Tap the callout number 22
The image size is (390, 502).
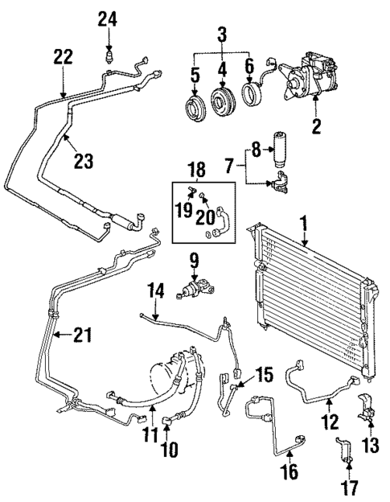point(63,57)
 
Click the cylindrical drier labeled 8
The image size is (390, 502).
point(280,142)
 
